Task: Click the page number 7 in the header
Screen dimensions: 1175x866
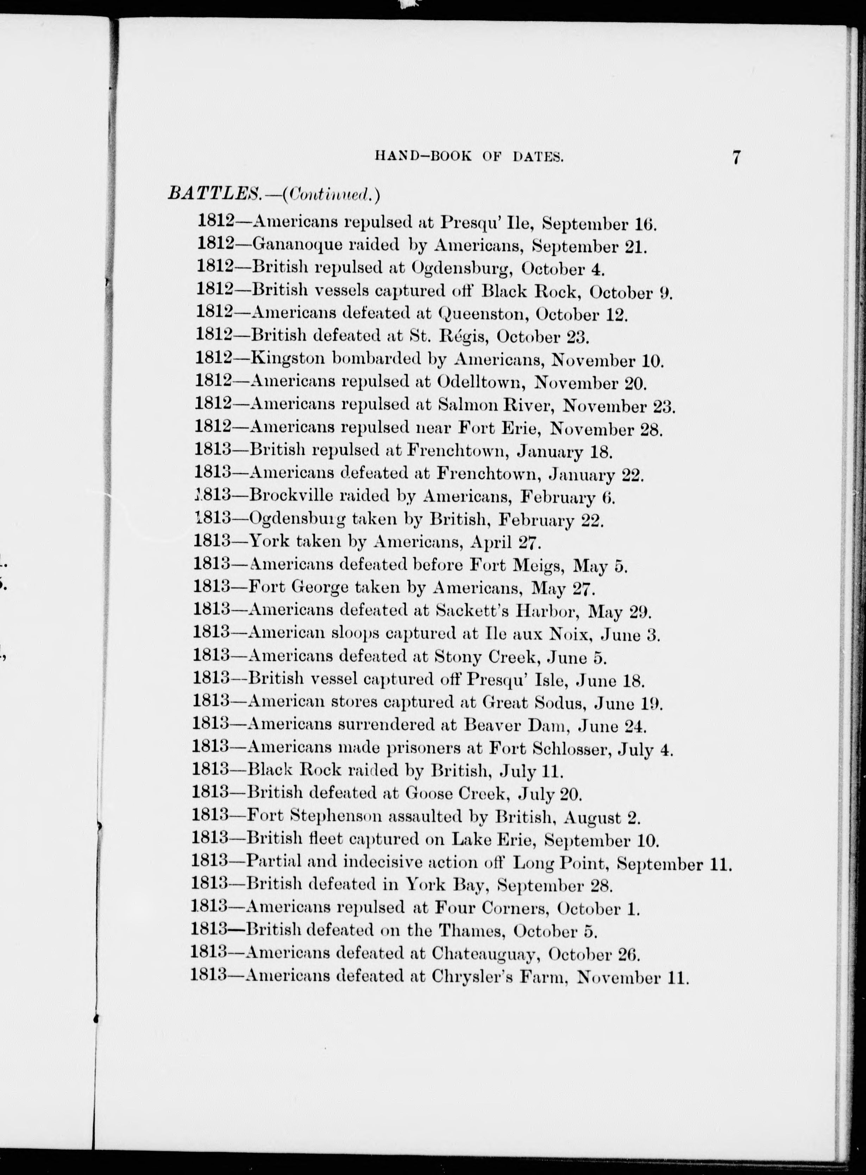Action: click(736, 158)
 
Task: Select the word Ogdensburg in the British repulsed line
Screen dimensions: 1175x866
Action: click(461, 269)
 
